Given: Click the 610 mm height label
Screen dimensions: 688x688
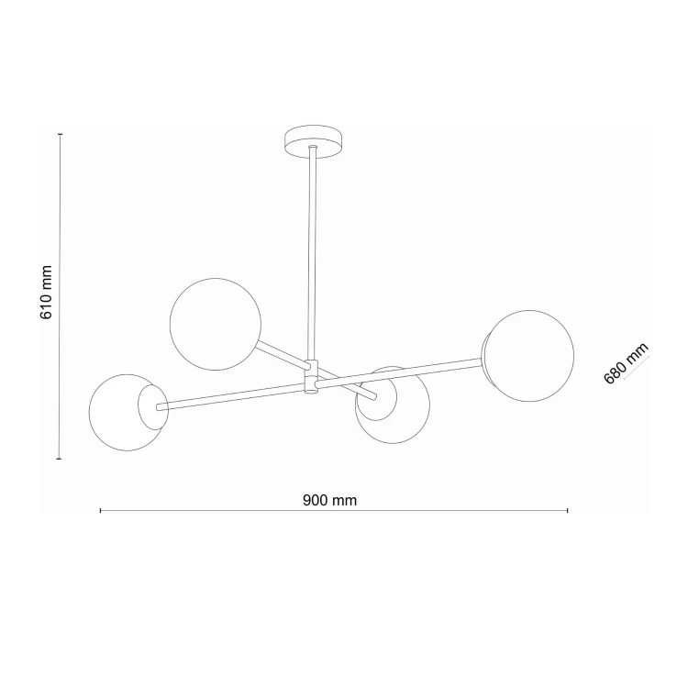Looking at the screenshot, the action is [47, 293].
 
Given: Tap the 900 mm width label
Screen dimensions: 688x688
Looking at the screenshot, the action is [330, 500].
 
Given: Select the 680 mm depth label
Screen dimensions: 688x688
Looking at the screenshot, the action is [626, 363].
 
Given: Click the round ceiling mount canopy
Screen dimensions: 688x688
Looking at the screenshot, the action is [313, 142].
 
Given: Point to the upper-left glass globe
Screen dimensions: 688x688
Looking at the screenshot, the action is [216, 324].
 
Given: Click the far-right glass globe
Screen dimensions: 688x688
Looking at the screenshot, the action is [528, 356].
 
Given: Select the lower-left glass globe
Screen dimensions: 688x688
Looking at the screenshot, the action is [128, 412].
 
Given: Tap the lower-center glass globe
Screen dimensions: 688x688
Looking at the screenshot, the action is [393, 405].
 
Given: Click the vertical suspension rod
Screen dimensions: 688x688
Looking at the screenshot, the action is [313, 253].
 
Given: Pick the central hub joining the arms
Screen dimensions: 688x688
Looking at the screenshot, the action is [312, 377].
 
